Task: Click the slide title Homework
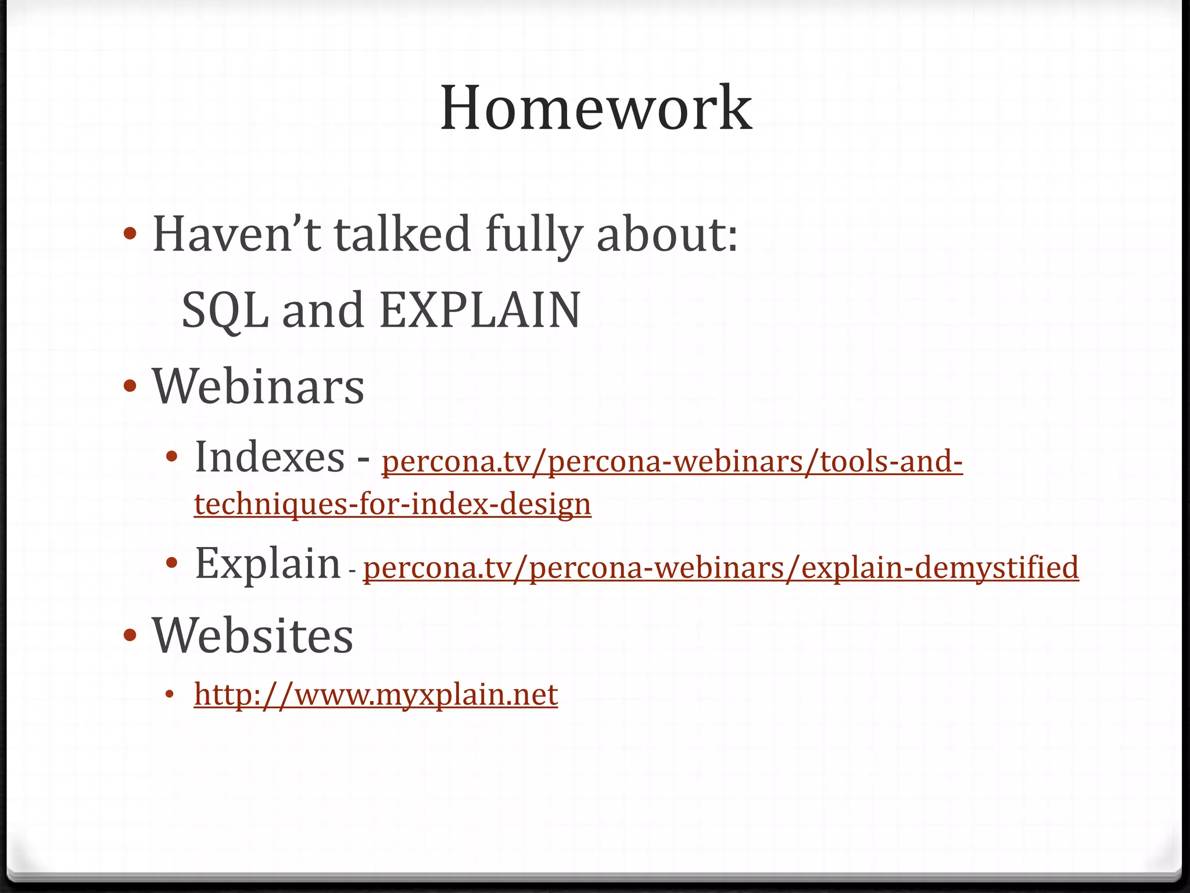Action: tap(596, 108)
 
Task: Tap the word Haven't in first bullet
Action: tap(236, 234)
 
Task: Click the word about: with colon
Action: tap(667, 234)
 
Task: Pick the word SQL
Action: tap(225, 310)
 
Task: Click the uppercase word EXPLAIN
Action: tap(479, 309)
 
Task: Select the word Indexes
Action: tap(270, 457)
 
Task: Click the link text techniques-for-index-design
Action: tap(393, 503)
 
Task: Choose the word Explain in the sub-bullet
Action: tap(267, 563)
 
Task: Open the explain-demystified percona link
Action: tap(721, 567)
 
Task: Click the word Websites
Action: tap(252, 635)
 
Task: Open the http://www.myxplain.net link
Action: tap(376, 694)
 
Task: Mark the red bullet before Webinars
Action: tap(130, 386)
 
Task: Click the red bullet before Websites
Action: tap(130, 634)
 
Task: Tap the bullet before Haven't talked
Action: tap(130, 234)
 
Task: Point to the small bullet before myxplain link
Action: tap(170, 695)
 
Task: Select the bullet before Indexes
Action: tap(171, 457)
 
